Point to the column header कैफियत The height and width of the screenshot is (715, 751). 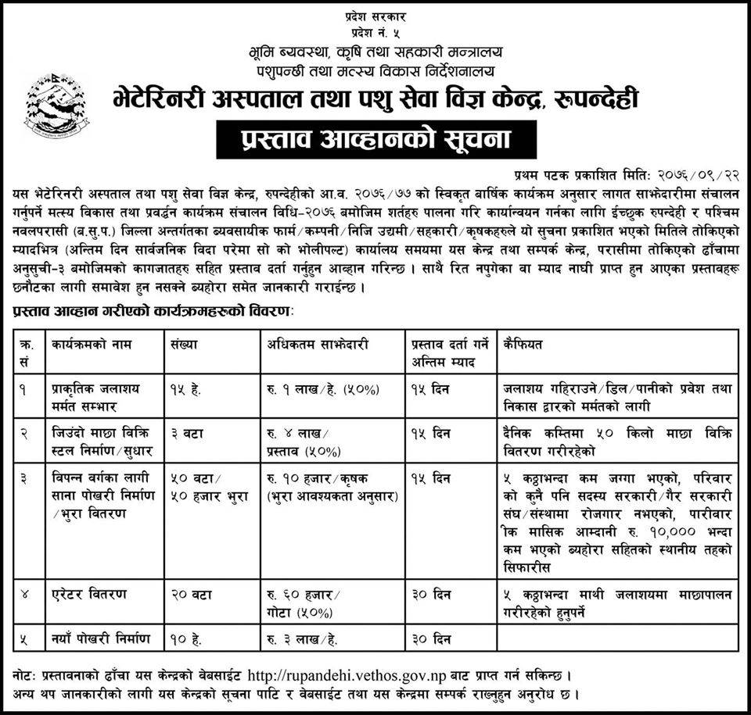pyautogui.click(x=524, y=344)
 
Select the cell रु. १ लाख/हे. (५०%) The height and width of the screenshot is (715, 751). pyautogui.click(x=311, y=388)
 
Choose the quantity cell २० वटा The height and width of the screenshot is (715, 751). pyautogui.click(x=188, y=595)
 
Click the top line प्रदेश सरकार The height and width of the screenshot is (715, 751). pyautogui.click(x=375, y=16)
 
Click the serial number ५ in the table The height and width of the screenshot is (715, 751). pyautogui.click(x=24, y=640)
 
